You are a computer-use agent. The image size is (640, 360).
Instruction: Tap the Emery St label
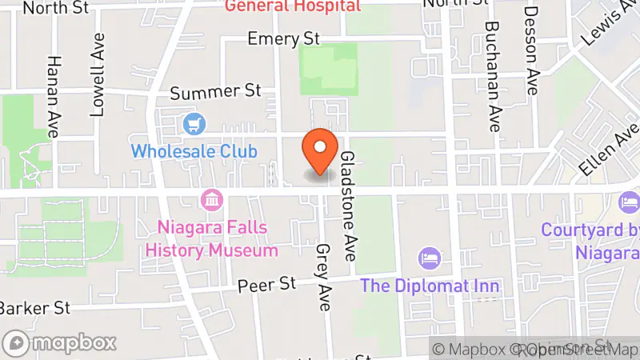(283, 38)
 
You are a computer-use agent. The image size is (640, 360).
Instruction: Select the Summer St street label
(216, 92)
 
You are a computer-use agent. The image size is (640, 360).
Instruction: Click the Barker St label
(34, 308)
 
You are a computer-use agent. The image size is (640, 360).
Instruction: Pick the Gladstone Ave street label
(349, 206)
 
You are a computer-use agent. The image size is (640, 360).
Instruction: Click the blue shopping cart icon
(194, 125)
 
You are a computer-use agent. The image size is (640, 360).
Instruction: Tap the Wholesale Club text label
(194, 150)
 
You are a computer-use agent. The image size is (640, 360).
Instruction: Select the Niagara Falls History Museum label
(212, 239)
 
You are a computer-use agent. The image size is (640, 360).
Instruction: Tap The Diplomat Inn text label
(430, 286)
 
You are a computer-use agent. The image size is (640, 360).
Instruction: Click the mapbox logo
(62, 342)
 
